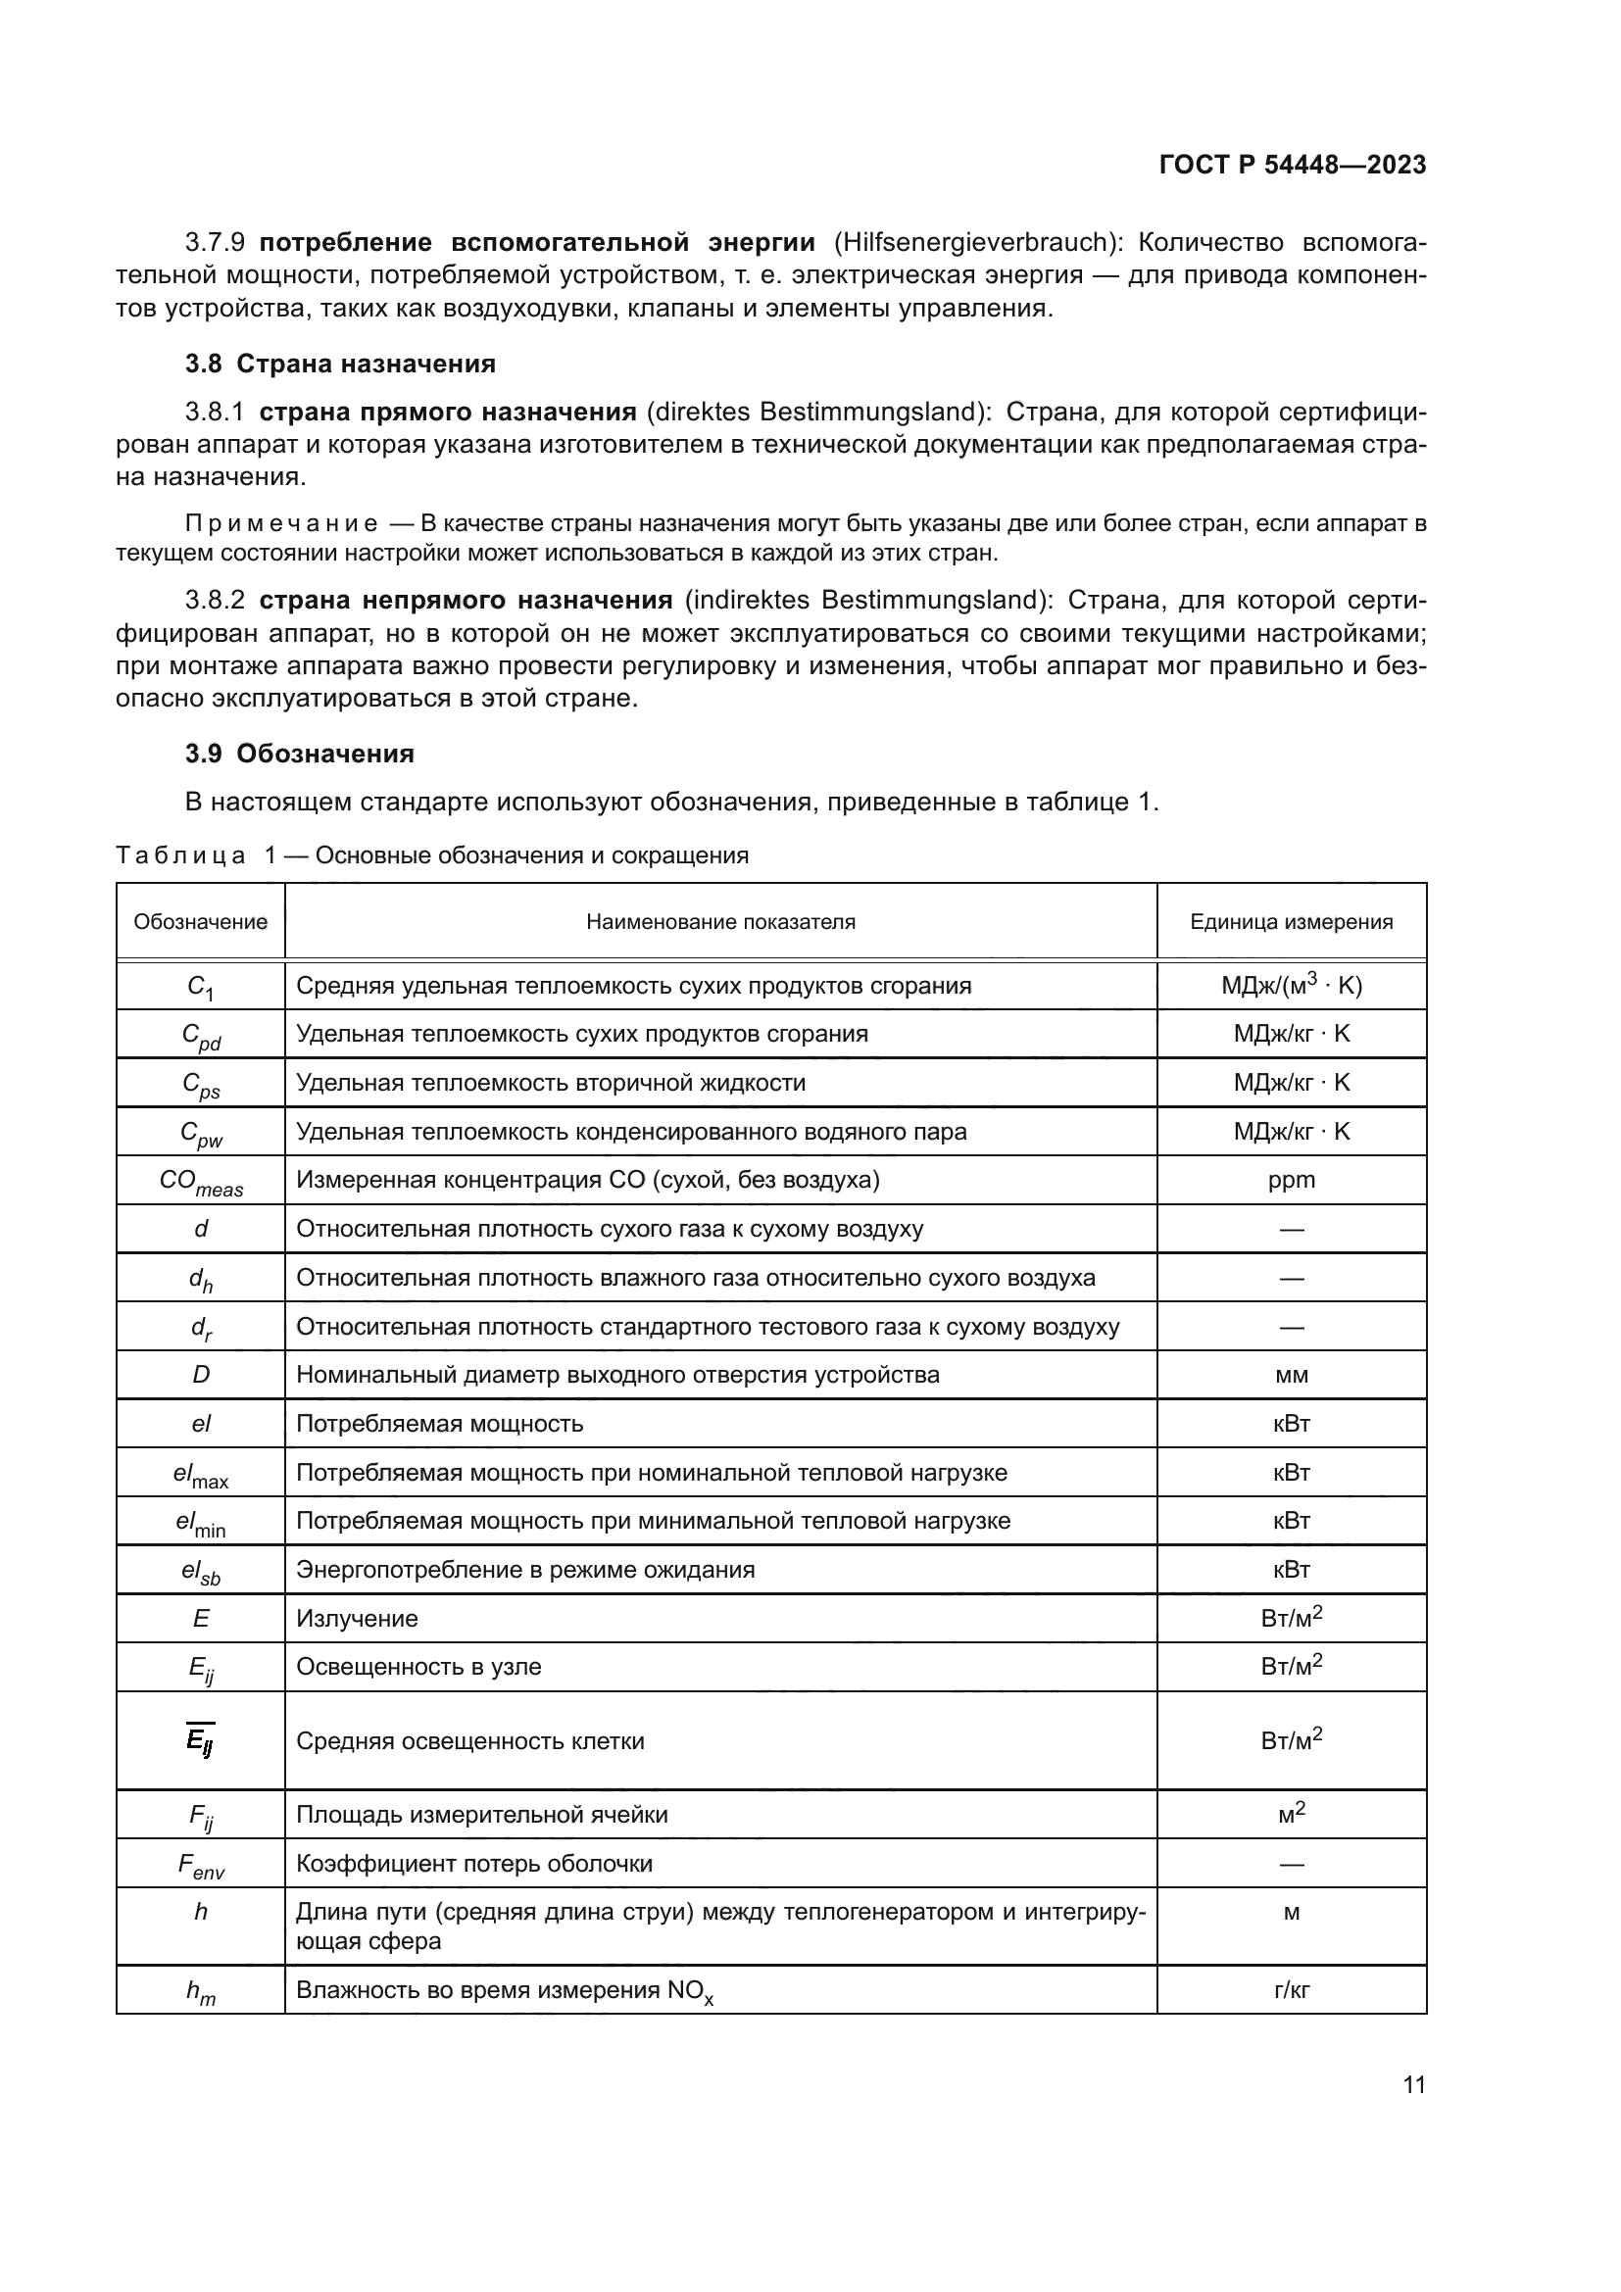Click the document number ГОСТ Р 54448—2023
coord(1292,165)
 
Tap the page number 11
coord(1413,2085)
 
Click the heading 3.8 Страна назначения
coord(339,364)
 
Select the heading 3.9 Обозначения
coord(300,754)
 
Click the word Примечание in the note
coord(281,524)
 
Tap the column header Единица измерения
coord(1291,921)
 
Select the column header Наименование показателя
coord(719,921)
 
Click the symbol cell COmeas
coord(201,1182)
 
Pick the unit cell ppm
coord(1291,1180)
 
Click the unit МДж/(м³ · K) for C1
coord(1291,985)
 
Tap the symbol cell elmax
coord(201,1475)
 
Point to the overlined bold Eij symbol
coord(200,1740)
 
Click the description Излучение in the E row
coord(357,1618)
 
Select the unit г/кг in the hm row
coord(1291,1989)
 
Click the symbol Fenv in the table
coord(201,1866)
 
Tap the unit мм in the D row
coord(1291,1375)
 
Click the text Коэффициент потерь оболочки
coord(474,1864)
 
